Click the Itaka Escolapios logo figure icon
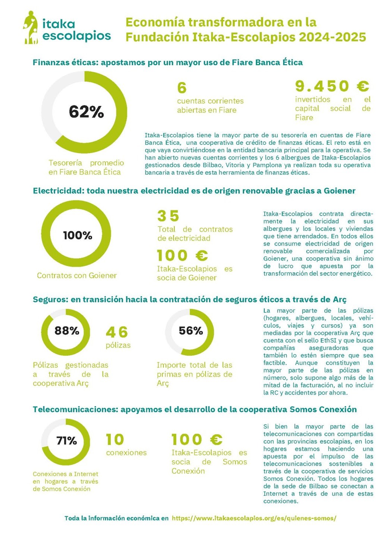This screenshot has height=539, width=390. pyautogui.click(x=31, y=28)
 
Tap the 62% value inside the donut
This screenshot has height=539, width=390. pyautogui.click(x=86, y=112)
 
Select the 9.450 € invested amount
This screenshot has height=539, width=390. pyautogui.click(x=332, y=86)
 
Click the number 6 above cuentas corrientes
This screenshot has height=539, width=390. pyautogui.click(x=182, y=88)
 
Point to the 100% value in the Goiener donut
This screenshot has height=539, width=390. pyautogui.click(x=78, y=235)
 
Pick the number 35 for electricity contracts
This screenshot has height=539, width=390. pyautogui.click(x=169, y=216)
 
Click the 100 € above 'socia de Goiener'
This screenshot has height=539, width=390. pyautogui.click(x=182, y=256)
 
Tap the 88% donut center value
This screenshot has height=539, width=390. pyautogui.click(x=67, y=330)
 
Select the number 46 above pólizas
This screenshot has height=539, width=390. pyautogui.click(x=117, y=332)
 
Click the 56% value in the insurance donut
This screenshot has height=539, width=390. pyautogui.click(x=191, y=330)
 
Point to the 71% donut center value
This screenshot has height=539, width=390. pyautogui.click(x=66, y=441)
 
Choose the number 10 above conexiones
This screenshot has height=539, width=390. pyautogui.click(x=115, y=439)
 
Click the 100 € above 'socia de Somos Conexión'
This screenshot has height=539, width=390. pyautogui.click(x=197, y=439)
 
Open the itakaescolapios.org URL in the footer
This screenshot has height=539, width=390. pyautogui.click(x=254, y=518)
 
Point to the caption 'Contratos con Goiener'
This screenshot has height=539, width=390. pyautogui.click(x=77, y=275)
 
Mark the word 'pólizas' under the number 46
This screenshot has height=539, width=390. pyautogui.click(x=118, y=345)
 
